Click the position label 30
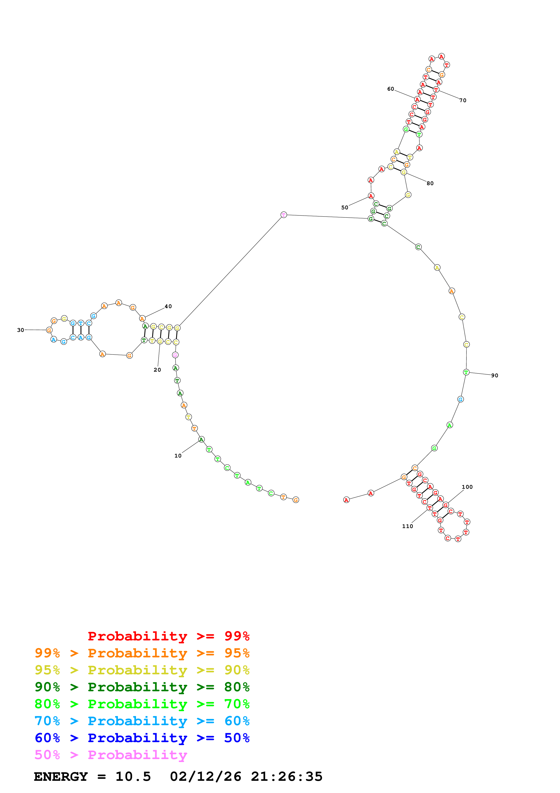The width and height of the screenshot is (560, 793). point(21,330)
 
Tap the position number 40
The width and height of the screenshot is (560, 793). point(168,306)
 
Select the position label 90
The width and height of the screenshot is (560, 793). point(494,375)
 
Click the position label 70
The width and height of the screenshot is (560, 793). point(463,101)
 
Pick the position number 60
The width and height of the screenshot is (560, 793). point(390,89)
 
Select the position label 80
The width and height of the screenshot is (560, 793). point(430,183)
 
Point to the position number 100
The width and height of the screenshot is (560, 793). point(467,487)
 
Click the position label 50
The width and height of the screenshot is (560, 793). point(345,208)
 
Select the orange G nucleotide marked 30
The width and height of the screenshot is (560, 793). point(49,330)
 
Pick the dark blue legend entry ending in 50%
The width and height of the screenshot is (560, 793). point(142,738)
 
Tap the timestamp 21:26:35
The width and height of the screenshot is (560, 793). point(286,776)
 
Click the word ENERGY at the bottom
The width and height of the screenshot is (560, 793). point(61,776)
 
